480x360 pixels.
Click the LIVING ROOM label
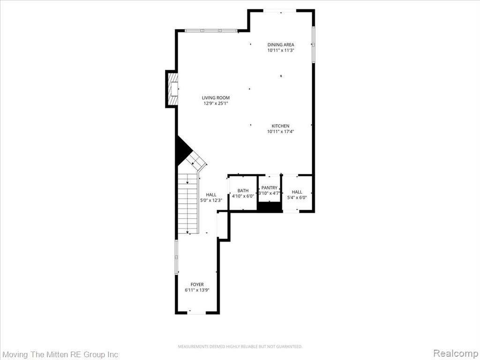coord(216,97)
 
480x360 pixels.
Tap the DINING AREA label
coord(281,45)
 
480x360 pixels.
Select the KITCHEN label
coord(280,126)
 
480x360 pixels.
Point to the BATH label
coord(243,191)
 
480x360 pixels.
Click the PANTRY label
coord(270,187)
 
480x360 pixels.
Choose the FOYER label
coord(197,285)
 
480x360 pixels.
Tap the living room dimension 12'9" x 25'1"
coord(216,104)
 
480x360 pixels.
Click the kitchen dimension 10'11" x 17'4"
coord(281,132)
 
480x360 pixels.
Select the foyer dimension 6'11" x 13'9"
coord(197,290)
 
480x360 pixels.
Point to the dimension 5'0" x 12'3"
coord(211,200)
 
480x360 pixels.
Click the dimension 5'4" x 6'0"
coord(297,198)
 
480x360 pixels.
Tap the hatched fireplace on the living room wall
coord(172,89)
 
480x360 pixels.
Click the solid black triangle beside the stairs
coord(183,150)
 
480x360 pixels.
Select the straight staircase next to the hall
coord(188,203)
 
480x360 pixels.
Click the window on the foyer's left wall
coord(176,257)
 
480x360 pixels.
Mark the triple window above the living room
coord(211,30)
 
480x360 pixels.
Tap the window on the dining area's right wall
coord(314,45)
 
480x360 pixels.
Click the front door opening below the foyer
coord(196,312)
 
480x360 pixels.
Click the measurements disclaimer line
coord(240,346)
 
